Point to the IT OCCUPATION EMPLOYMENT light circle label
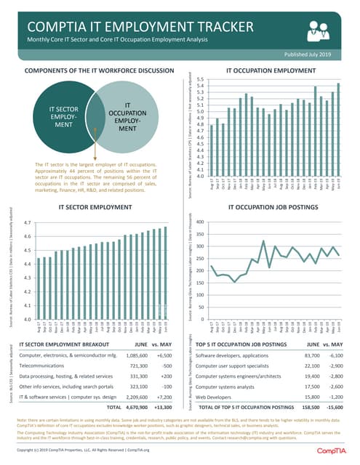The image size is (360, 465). pyautogui.click(x=127, y=116)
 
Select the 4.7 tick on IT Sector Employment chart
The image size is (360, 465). pyautogui.click(x=27, y=223)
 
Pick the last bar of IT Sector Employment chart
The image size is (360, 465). pyautogui.click(x=165, y=273)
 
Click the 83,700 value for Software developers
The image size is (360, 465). pyautogui.click(x=310, y=355)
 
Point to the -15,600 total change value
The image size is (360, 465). pyautogui.click(x=336, y=410)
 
